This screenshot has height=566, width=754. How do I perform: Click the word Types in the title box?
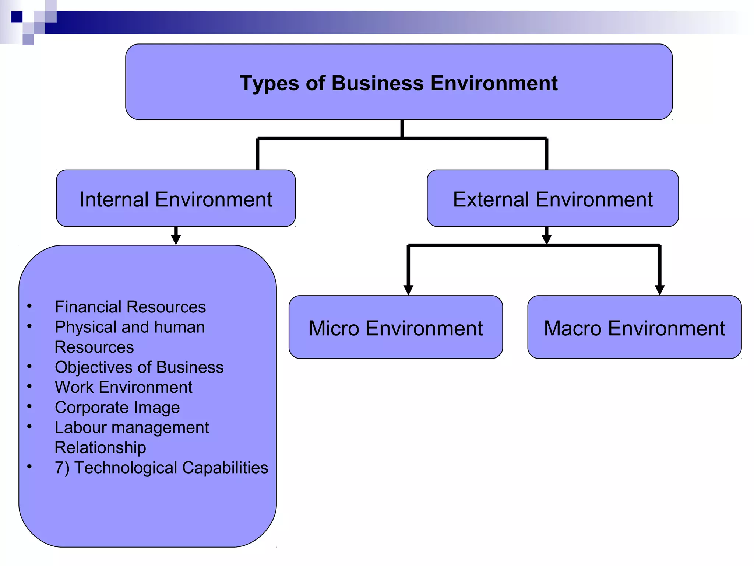click(269, 84)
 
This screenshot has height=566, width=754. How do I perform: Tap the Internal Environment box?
click(176, 199)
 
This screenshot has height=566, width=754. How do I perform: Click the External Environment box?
click(552, 199)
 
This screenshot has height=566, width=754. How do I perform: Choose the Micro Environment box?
click(395, 328)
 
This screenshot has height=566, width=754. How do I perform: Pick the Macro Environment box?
click(634, 328)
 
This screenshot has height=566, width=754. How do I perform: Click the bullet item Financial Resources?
click(130, 307)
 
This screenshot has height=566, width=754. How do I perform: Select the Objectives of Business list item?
click(139, 367)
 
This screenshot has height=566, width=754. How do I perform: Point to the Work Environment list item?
click(123, 387)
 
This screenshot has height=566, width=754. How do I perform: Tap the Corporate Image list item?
click(117, 408)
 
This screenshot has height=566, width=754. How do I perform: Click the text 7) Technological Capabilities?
click(161, 468)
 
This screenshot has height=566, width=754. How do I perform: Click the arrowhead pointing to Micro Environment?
click(408, 290)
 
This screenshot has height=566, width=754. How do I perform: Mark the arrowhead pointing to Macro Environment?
click(659, 290)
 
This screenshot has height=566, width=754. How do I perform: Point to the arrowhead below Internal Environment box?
click(176, 239)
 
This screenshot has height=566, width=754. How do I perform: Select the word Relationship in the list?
click(100, 448)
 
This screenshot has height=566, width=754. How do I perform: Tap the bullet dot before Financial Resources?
click(29, 306)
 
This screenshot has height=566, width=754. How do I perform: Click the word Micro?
click(334, 328)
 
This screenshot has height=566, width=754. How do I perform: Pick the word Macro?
click(572, 328)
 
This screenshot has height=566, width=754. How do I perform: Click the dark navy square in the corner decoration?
click(17, 17)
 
